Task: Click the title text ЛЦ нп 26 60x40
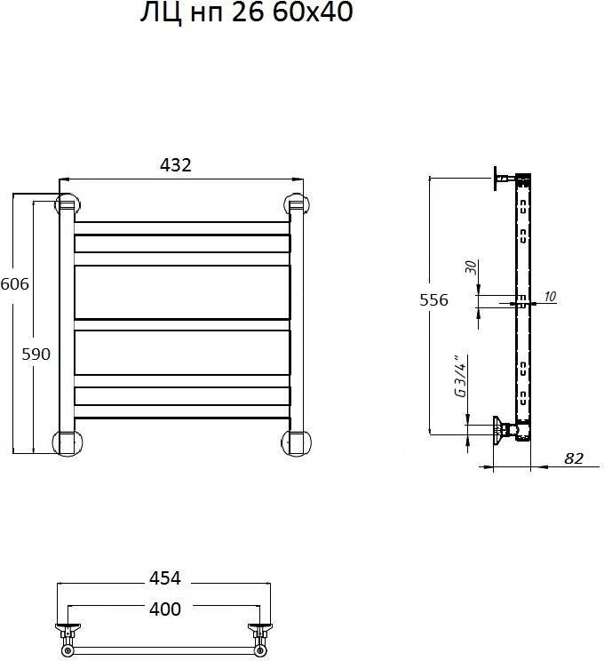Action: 247,12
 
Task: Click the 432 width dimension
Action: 176,165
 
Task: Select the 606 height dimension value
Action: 15,284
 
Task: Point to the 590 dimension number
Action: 36,354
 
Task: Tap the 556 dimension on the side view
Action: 433,299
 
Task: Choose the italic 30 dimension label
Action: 471,267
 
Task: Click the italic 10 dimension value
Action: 549,297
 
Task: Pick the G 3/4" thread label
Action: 461,376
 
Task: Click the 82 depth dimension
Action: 574,458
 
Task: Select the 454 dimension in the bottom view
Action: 165,578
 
